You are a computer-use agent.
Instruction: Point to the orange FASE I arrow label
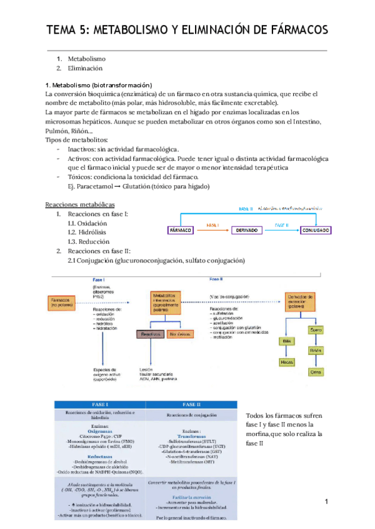point(214,223)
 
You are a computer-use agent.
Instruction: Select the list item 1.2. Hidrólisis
point(87,232)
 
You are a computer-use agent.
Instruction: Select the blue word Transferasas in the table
point(191,438)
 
